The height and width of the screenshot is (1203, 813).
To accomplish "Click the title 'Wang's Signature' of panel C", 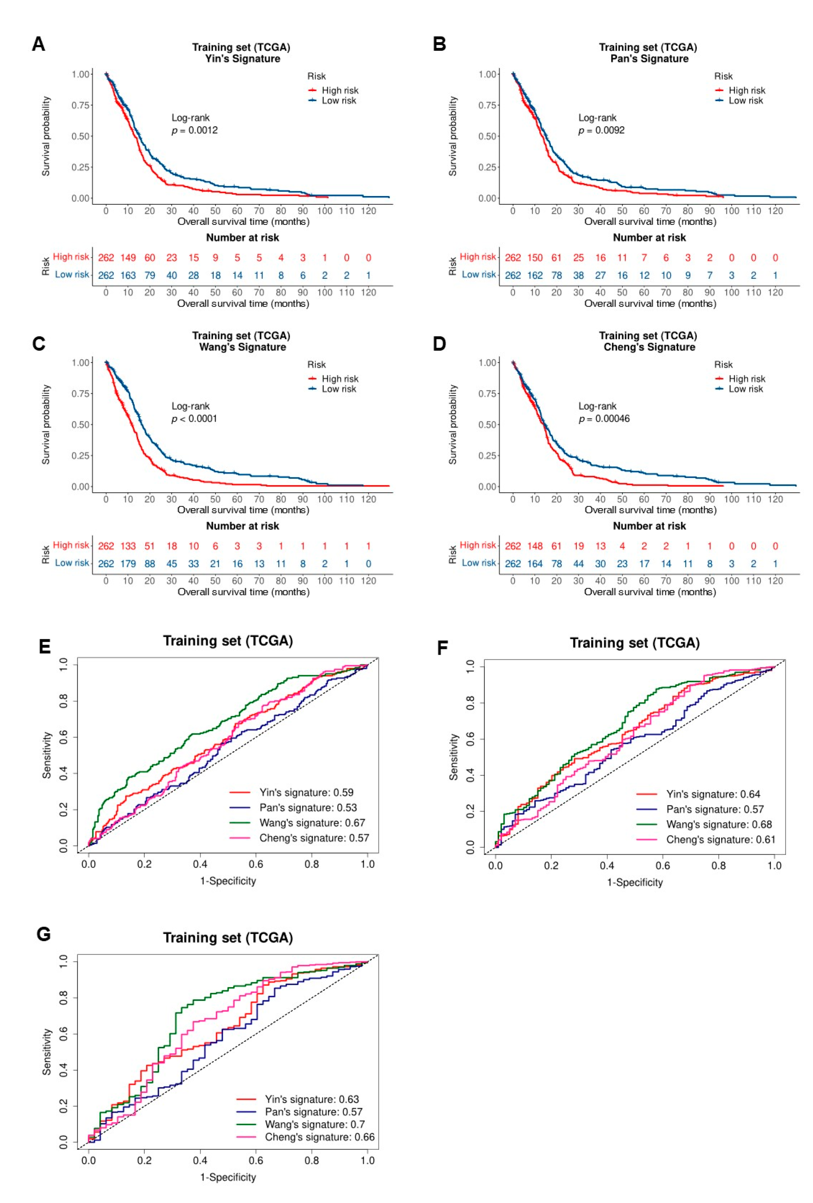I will click(242, 347).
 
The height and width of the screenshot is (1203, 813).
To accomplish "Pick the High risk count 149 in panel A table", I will click(128, 258).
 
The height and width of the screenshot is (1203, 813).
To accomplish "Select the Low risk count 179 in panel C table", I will click(128, 564).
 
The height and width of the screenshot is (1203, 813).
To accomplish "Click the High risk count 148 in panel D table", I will click(534, 546).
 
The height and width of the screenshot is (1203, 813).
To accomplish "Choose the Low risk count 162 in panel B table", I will click(534, 275).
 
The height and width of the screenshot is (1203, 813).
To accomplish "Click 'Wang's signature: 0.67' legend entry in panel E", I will click(312, 823).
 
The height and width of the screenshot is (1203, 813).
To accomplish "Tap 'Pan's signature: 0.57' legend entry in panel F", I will click(714, 809).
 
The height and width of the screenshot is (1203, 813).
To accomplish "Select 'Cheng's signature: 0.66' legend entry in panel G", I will click(319, 1137).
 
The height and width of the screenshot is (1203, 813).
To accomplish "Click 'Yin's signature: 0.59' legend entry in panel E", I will click(306, 792).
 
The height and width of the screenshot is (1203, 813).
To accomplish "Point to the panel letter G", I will click(43, 934).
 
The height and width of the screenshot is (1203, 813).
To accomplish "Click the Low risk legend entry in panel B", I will click(745, 100).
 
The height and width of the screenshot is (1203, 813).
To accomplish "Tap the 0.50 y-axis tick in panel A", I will click(81, 136).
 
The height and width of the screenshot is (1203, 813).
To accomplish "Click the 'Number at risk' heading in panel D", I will click(649, 526).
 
